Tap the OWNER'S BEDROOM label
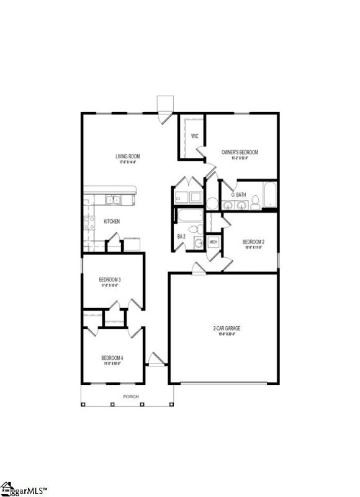(240, 152)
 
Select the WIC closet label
(194, 136)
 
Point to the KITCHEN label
(112, 221)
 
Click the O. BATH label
(239, 195)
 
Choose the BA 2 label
(181, 237)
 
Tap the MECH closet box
(213, 242)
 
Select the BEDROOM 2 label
(253, 242)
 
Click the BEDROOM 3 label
(110, 280)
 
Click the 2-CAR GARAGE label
(225, 329)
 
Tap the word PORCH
(130, 396)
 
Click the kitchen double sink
(112, 199)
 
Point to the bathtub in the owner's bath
(270, 195)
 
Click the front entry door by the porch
(156, 359)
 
